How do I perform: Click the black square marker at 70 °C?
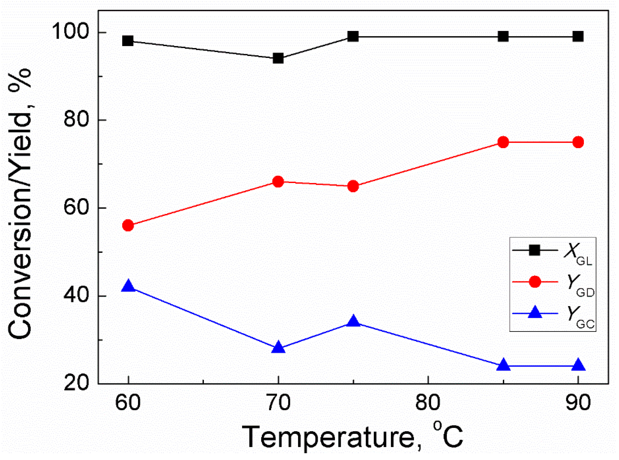point(278,59)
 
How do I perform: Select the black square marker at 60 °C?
point(128,41)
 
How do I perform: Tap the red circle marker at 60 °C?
point(128,226)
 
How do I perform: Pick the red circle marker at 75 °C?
point(353,186)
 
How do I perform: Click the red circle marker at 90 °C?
point(578,142)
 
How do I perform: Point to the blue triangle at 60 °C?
point(128,286)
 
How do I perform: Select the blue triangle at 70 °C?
point(278,347)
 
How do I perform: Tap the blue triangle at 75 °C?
point(353,321)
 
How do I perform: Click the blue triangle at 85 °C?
point(503,365)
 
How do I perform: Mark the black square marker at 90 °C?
point(578,37)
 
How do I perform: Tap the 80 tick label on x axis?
point(428,402)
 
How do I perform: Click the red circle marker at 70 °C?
point(278,182)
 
